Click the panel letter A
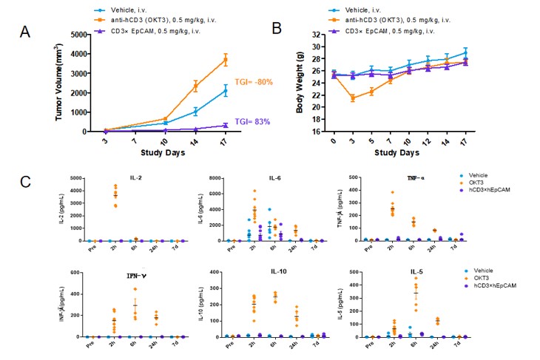pos(25,32)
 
